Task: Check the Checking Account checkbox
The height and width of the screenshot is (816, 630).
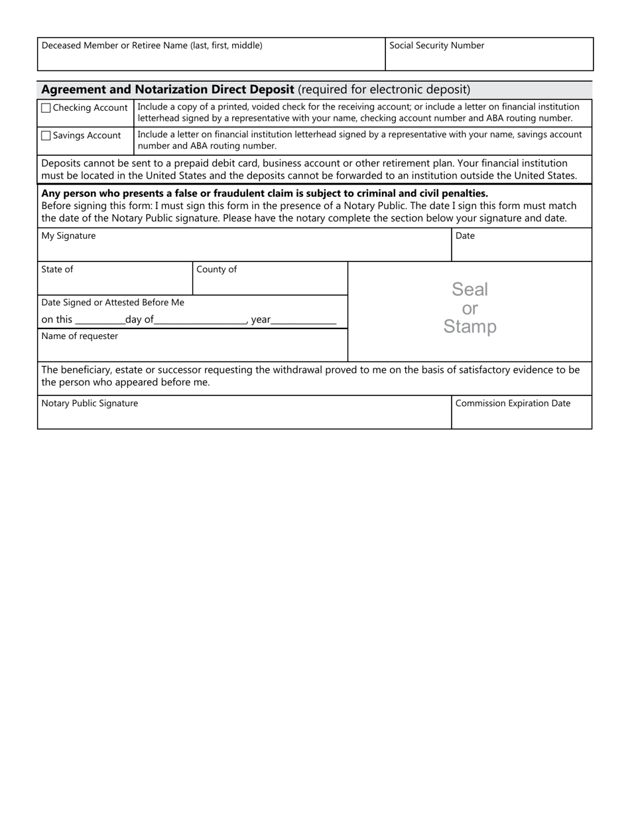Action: coord(46,108)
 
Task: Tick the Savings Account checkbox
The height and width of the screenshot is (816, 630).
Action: coord(46,136)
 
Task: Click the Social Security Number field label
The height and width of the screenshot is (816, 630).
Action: coord(436,46)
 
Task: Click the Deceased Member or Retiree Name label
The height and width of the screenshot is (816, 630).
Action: coord(152,46)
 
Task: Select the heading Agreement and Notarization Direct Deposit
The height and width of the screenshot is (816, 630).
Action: coord(168,90)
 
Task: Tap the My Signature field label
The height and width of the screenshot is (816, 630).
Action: coord(68,236)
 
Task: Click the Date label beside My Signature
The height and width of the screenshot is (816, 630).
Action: coord(465,236)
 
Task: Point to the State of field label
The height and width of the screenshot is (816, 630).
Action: coord(57,269)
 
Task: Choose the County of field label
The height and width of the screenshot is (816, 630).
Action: coord(216,269)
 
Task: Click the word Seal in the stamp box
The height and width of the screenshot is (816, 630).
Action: coord(470,289)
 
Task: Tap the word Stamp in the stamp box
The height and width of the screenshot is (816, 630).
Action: coord(470,326)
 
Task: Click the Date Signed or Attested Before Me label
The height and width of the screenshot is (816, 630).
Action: coord(113,303)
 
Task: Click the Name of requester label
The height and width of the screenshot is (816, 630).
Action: coord(80,336)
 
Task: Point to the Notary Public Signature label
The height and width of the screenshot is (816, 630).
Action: coord(90,403)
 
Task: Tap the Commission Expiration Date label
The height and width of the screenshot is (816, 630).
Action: coord(513,403)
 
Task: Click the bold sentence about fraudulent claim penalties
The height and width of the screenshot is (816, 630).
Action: coord(265,194)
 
